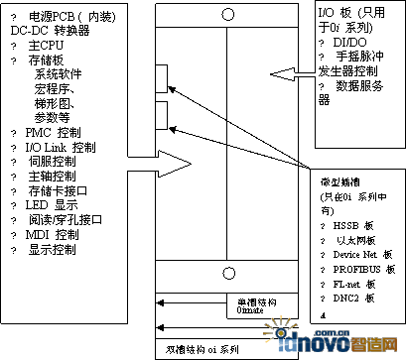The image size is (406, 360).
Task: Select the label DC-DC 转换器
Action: (x=49, y=31)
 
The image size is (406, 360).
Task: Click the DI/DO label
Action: (x=352, y=44)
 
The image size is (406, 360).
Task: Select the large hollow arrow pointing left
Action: (x=293, y=72)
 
